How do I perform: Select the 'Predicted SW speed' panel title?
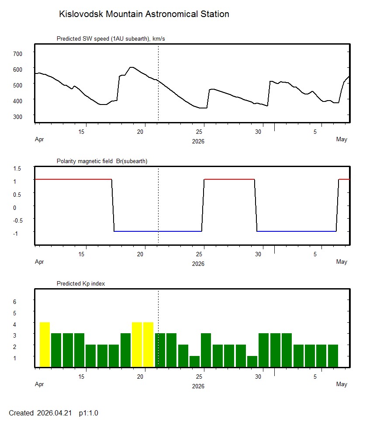[x=111, y=39]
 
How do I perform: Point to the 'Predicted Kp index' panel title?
[x=81, y=283]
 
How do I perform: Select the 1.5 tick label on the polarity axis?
[x=17, y=168]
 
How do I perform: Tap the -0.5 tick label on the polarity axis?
[x=17, y=220]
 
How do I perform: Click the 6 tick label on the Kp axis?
[x=14, y=302]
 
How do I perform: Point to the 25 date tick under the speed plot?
[x=200, y=132]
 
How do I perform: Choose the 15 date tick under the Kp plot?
[x=85, y=377]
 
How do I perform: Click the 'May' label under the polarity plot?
[x=342, y=262]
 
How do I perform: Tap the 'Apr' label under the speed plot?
[x=39, y=140]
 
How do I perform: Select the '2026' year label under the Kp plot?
[x=198, y=386]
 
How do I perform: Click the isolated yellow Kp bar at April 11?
[x=45, y=345]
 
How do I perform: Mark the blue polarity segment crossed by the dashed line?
[x=157, y=231]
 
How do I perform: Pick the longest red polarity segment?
[x=73, y=179]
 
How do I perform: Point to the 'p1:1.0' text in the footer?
[x=89, y=413]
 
